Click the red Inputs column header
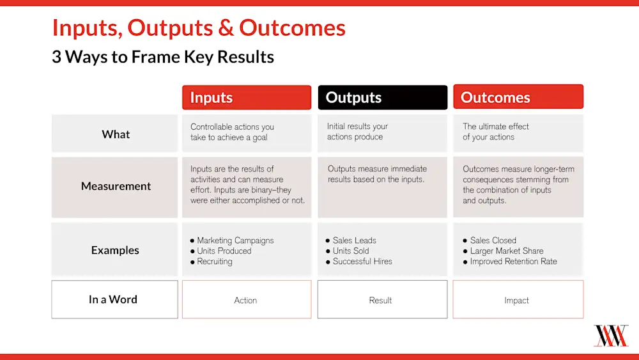pos(247,97)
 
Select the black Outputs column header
pos(382,97)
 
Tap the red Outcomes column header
pos(518,97)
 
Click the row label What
pos(115,134)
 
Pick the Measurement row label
pos(116,186)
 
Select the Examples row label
pos(115,250)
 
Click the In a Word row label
pos(113,299)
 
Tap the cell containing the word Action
pos(246,300)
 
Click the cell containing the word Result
pos(381,300)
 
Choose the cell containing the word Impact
pos(517,300)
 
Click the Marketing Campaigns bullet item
pos(235,240)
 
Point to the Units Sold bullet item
pos(350,251)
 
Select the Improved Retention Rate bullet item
pos(513,261)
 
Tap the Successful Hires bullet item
pos(362,261)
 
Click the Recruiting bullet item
pos(214,261)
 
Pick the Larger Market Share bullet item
pos(506,251)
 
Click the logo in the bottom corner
pos(611,336)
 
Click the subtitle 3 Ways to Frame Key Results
pos(163,57)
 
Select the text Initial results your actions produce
pos(357,132)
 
